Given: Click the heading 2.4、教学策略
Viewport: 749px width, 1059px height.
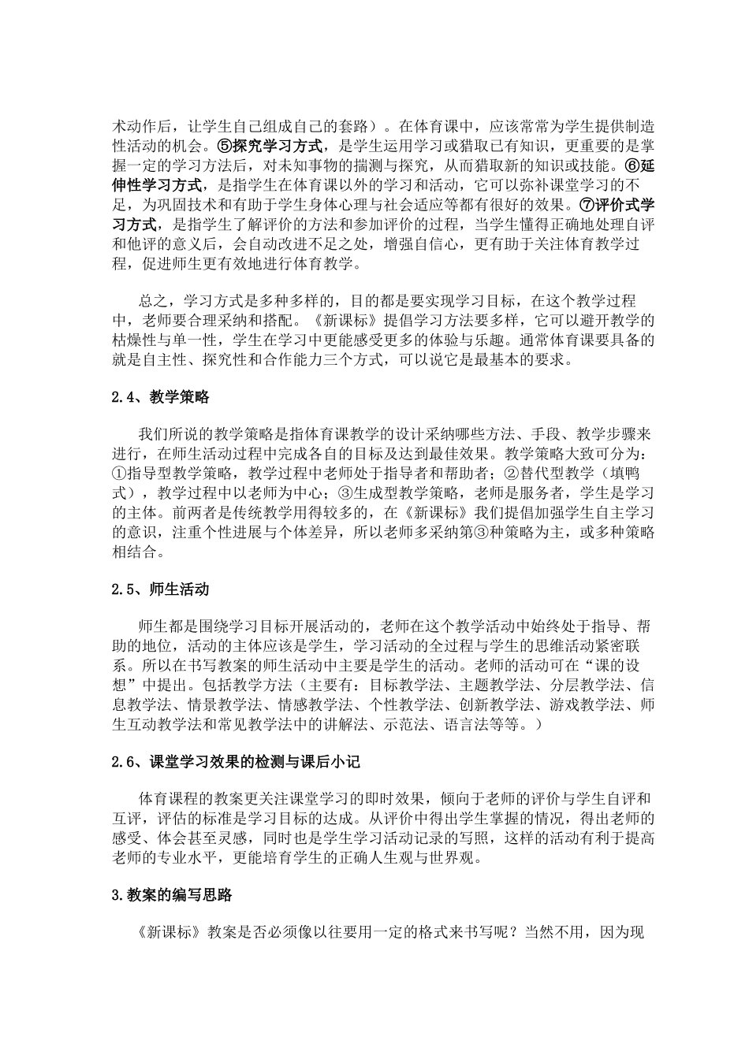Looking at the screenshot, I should pyautogui.click(x=162, y=397).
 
